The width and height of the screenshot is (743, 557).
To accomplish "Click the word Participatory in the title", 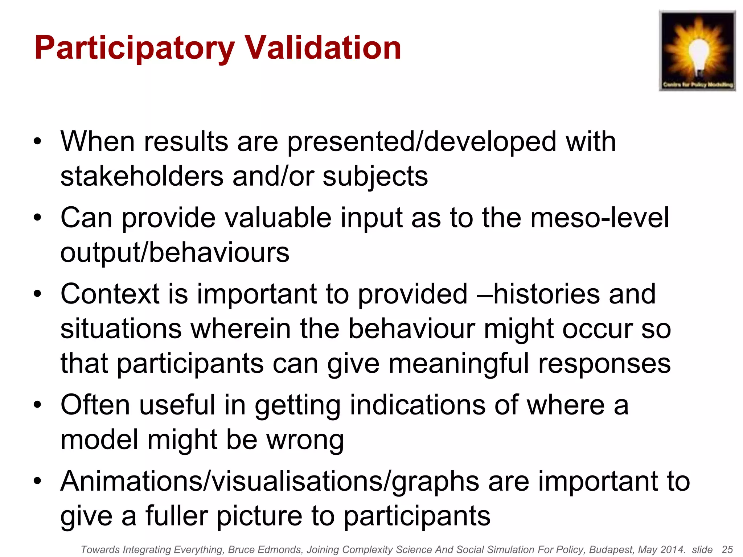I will click(x=135, y=48).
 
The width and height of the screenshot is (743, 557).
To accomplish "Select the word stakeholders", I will click(x=141, y=177).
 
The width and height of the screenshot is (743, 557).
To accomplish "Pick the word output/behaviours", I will click(x=175, y=252).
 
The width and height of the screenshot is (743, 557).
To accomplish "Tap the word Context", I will click(x=110, y=294).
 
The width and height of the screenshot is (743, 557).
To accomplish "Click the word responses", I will click(x=604, y=364).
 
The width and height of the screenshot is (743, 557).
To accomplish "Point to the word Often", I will click(x=95, y=405).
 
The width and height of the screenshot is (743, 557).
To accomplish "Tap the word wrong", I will click(x=305, y=440).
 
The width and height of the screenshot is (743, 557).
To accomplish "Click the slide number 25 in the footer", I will click(x=727, y=550).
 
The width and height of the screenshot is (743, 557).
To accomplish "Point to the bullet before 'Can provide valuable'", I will click(x=37, y=218).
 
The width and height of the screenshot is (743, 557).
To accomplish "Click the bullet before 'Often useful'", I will click(x=37, y=405).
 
